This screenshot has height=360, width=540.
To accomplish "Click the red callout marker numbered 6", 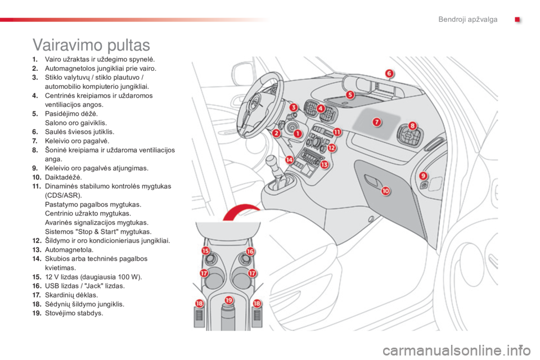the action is (x=389, y=73).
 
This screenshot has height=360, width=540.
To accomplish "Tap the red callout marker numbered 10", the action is (x=385, y=191).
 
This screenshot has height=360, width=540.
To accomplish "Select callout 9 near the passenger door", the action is (x=423, y=176).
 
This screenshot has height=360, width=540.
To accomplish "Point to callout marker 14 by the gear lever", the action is (x=289, y=160).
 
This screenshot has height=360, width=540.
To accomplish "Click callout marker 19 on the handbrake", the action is (x=229, y=300).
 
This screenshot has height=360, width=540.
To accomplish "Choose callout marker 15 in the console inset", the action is (x=206, y=250).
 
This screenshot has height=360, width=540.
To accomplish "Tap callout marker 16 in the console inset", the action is (x=250, y=251).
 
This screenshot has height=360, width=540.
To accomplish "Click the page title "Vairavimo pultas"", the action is (x=91, y=45).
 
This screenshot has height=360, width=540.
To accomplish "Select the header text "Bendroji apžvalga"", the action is (x=467, y=19).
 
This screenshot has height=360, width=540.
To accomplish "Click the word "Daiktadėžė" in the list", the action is (x=63, y=177).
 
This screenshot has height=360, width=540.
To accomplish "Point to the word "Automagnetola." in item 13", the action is (x=69, y=250).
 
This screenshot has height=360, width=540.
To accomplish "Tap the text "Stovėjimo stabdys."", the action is (x=74, y=313).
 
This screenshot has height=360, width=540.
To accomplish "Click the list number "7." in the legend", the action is (x=35, y=141).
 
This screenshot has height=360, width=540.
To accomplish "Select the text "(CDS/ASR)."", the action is (x=64, y=195).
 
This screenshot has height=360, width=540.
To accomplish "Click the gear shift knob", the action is (x=272, y=160).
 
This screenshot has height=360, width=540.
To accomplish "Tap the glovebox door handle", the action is (x=371, y=179).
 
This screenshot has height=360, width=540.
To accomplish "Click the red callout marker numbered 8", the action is (x=412, y=126).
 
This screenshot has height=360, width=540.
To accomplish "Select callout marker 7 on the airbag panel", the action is (x=377, y=122).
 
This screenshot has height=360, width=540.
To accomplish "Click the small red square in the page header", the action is (x=517, y=20).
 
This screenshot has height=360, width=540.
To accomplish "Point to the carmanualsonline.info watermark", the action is (x=456, y=350).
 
